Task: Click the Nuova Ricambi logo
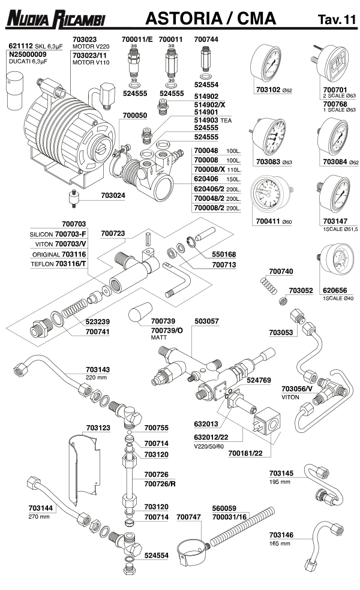coord(55,20)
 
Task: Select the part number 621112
coord(20,46)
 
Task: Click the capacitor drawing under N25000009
coord(15,88)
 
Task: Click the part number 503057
coord(206,321)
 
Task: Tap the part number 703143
coord(98,370)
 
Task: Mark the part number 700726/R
coord(158,483)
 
